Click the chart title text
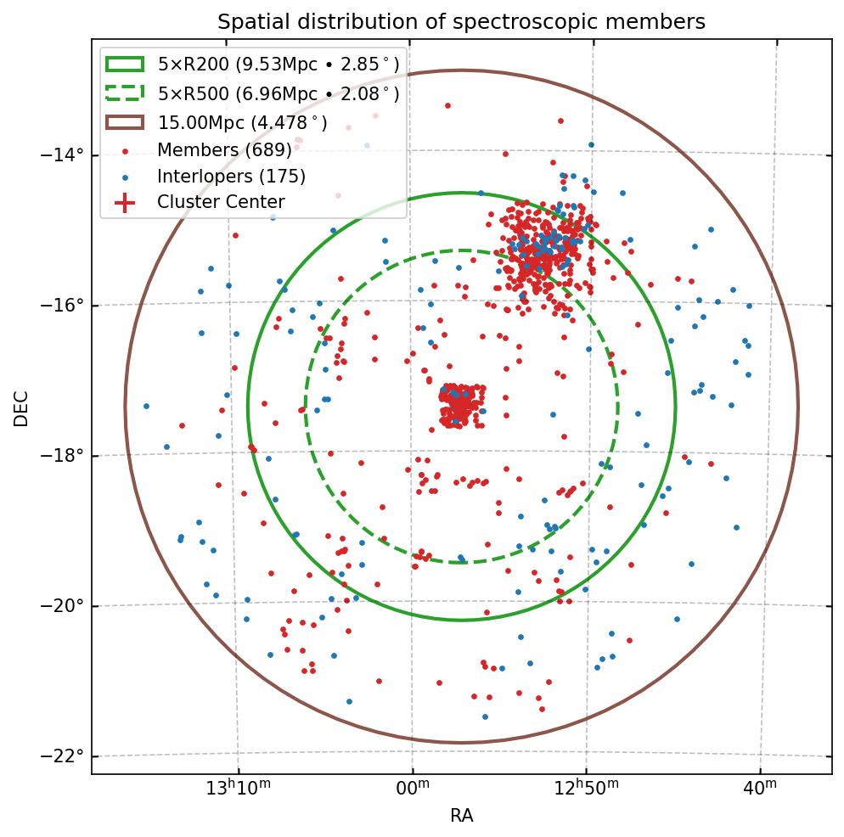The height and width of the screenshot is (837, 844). tap(461, 21)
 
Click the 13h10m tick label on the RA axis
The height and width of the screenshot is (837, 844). tap(239, 789)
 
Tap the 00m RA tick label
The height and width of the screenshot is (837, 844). tap(412, 789)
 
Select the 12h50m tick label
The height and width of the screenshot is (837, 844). tap(585, 789)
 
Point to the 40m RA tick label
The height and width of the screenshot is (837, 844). tap(759, 789)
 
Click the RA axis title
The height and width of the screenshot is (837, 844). tap(461, 816)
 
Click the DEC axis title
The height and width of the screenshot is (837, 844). tap(21, 407)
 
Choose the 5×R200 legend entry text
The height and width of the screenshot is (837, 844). tap(279, 64)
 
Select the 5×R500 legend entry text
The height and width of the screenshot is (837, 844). tap(279, 93)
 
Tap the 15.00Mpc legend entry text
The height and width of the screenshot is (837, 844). tap(243, 122)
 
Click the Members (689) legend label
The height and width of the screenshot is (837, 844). tap(224, 150)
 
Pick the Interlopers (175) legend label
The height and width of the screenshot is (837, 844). tap(231, 177)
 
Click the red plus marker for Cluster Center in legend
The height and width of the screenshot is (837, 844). tap(125, 203)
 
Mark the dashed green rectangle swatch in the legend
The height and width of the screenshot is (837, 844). tap(125, 93)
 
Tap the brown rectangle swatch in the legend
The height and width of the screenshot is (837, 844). tap(125, 122)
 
